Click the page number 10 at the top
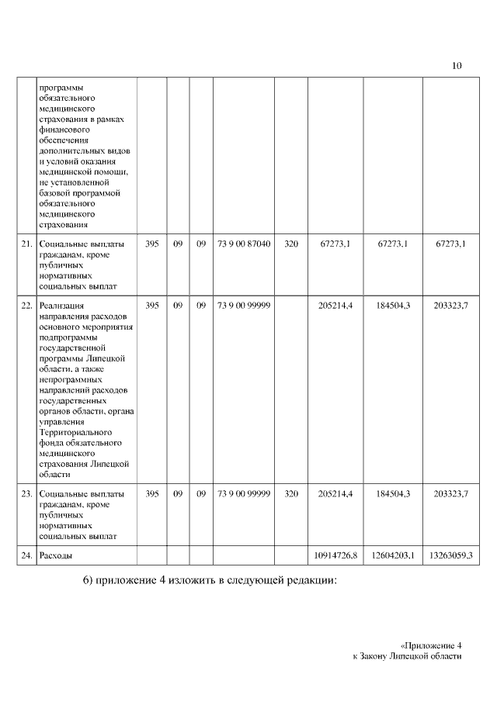click(457, 65)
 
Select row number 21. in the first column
click(26, 244)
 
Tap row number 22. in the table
click(26, 306)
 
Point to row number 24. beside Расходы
click(26, 555)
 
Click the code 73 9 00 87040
click(244, 244)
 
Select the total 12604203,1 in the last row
click(393, 555)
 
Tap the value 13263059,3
click(450, 555)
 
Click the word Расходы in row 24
click(56, 555)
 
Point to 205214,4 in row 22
click(336, 306)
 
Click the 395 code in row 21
click(152, 244)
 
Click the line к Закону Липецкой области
click(407, 656)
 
